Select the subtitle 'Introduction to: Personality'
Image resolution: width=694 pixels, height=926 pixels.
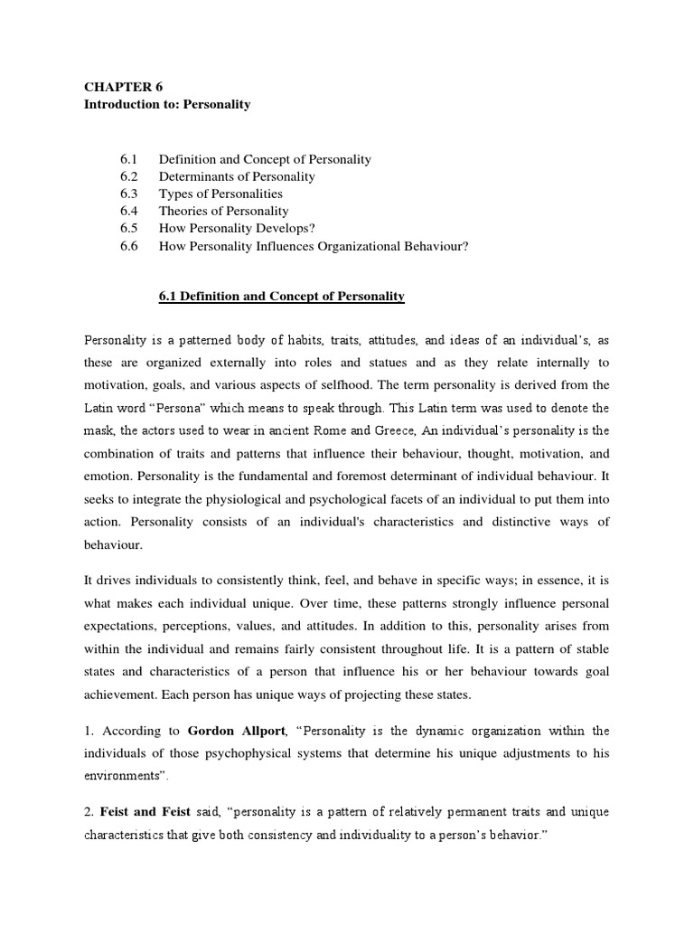click(x=166, y=104)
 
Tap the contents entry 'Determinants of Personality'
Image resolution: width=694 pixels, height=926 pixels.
click(x=237, y=176)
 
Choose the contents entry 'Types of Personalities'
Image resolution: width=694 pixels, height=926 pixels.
click(x=220, y=194)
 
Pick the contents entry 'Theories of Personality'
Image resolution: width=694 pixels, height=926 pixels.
click(x=223, y=211)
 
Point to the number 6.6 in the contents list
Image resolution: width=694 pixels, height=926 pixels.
click(x=128, y=245)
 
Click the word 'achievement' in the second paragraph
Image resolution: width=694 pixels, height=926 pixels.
click(x=120, y=694)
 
